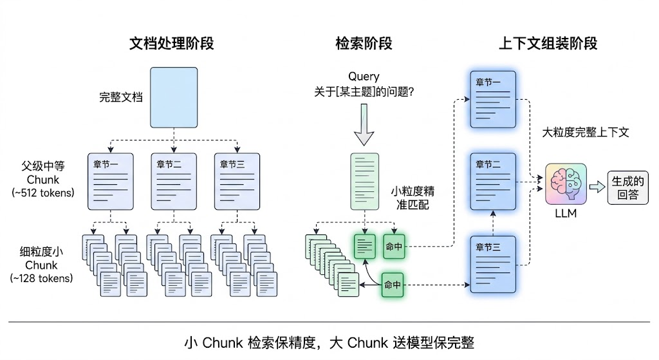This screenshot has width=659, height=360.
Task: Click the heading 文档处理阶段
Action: [172, 43]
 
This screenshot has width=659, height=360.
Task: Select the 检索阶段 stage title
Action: [364, 43]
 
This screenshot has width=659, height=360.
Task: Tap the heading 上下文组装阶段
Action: [548, 43]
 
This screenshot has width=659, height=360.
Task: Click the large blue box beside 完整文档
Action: [175, 98]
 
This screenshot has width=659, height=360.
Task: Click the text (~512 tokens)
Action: [43, 192]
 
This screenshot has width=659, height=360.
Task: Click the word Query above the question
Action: [364, 77]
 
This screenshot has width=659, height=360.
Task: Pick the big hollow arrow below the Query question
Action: [364, 127]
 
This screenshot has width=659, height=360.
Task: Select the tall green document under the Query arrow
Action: [364, 181]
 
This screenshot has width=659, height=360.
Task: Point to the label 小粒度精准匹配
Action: [413, 198]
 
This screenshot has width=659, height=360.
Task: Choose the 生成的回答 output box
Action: [627, 187]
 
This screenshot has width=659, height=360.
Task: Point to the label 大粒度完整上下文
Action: [586, 133]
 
